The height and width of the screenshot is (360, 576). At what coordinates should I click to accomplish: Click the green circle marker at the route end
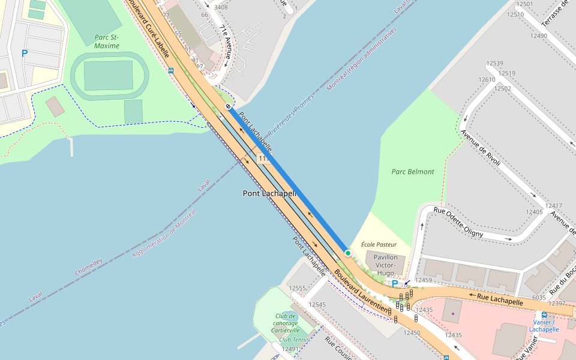click(347, 253)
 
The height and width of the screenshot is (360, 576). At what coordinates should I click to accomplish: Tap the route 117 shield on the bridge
click(262, 158)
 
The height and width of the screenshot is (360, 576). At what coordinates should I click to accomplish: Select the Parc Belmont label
click(413, 172)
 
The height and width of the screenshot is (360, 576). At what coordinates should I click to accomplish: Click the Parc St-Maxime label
click(107, 41)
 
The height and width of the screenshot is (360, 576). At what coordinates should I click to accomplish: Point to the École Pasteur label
click(379, 245)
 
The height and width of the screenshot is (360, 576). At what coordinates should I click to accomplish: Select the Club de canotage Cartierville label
click(285, 323)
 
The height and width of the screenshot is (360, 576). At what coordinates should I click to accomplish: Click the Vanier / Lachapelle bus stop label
click(544, 325)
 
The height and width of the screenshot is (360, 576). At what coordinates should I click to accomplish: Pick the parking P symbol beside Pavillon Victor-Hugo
click(394, 284)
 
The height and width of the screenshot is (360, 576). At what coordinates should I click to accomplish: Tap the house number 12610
click(487, 79)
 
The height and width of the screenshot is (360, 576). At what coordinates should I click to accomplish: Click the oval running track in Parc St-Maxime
click(109, 76)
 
